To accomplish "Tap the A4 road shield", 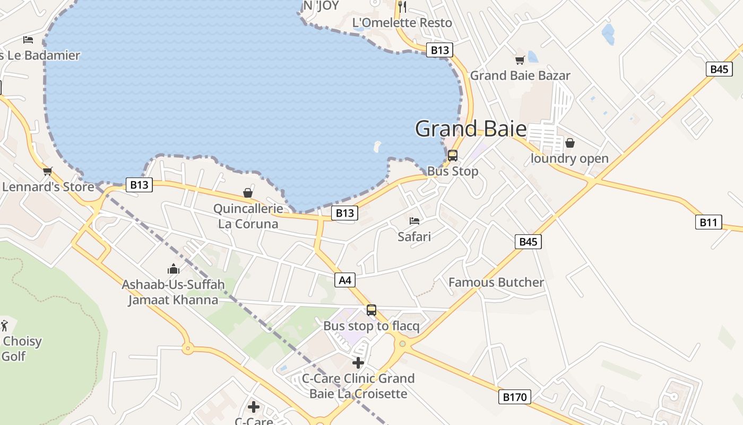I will [345, 280].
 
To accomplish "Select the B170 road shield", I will [514, 396].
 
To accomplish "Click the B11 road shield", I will [709, 222].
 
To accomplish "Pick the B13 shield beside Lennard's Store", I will [139, 185].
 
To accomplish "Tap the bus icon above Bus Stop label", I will [452, 155].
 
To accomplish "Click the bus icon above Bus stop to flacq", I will [371, 310].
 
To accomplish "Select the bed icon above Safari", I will [414, 220].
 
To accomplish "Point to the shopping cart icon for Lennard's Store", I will [48, 171].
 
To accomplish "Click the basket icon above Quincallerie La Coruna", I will [247, 192].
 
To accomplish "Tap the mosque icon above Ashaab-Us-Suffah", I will [174, 269].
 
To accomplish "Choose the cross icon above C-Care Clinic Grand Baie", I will [358, 363].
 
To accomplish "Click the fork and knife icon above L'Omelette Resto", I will [402, 6].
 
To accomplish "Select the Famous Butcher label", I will [496, 282].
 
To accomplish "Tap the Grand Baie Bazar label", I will [520, 75].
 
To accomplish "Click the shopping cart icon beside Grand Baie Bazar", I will [520, 60].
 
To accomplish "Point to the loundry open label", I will [569, 158].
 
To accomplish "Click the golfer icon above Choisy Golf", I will [5, 325].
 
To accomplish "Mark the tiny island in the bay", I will [377, 146].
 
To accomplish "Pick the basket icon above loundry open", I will [569, 143].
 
